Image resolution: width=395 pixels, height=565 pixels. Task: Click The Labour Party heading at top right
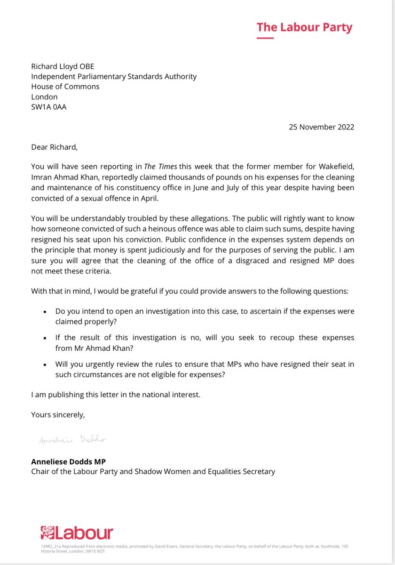(304, 27)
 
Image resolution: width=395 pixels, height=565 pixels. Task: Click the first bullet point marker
(45, 312)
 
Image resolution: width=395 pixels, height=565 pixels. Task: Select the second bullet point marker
(45, 339)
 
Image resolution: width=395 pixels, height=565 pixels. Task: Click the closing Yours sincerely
(59, 415)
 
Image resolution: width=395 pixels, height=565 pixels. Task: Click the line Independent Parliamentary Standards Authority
(114, 76)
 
